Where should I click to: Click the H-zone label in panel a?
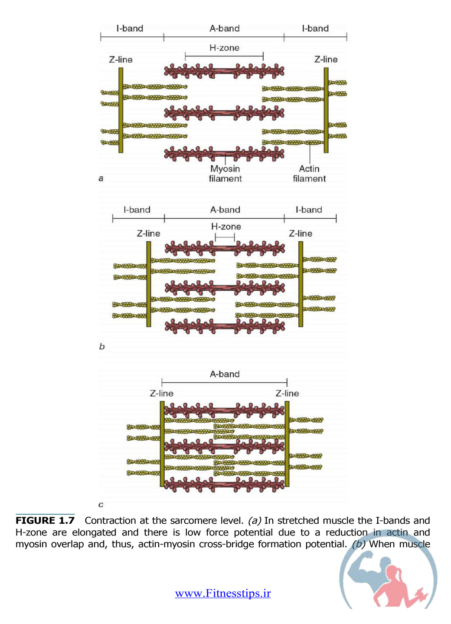[224, 48]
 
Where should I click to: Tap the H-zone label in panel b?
[226, 227]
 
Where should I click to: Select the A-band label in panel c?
[225, 374]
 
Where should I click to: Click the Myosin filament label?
[225, 174]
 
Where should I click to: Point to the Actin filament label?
[309, 174]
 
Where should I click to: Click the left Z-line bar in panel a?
[121, 110]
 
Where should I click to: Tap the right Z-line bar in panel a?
[326, 110]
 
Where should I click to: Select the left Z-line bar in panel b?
[149, 284]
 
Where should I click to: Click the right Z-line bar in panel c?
[287, 444]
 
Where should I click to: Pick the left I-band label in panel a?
[130, 28]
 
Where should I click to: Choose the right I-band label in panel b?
[309, 210]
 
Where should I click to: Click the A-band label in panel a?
[224, 28]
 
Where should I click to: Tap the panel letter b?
[102, 347]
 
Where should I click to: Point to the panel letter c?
[101, 505]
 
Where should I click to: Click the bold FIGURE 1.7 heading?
[45, 520]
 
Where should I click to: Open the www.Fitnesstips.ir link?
[223, 593]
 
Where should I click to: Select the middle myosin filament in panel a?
[224, 113]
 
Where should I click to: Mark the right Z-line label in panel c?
[288, 393]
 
